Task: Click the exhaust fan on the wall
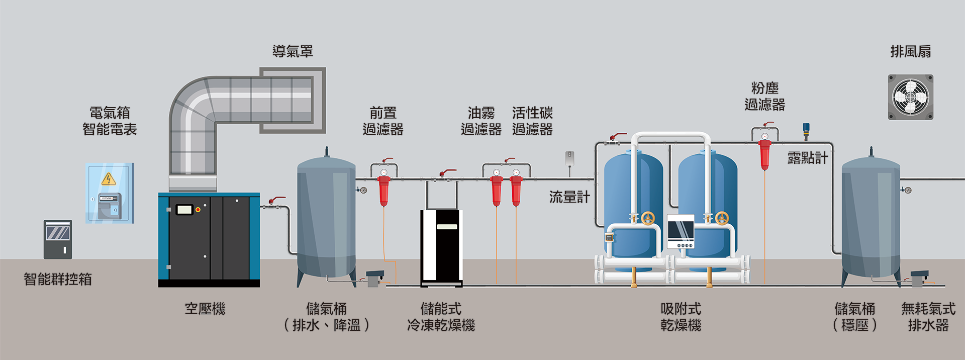[910, 97]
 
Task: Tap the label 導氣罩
[293, 51]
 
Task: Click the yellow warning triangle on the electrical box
[109, 179]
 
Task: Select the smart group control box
[58, 239]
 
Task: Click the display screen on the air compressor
[184, 209]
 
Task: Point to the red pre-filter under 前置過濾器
[383, 190]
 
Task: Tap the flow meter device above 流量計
[569, 159]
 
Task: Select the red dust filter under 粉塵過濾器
[764, 154]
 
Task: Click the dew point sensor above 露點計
[806, 130]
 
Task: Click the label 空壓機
[205, 309]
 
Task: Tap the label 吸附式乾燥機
[681, 317]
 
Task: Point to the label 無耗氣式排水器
[928, 317]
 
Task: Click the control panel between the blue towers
[681, 231]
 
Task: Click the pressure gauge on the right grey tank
[907, 190]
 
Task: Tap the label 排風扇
[910, 51]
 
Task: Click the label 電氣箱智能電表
[110, 121]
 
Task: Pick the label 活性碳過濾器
[532, 121]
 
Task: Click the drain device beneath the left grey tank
[374, 278]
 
